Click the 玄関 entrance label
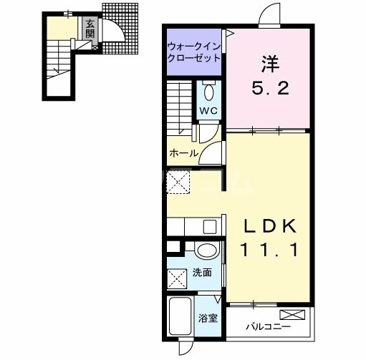[90, 29]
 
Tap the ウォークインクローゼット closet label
[194, 52]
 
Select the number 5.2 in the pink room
[271, 87]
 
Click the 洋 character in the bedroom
[271, 64]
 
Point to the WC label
[208, 110]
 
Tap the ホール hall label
[184, 153]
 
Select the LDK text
[270, 225]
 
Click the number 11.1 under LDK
[270, 250]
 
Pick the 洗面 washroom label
[202, 273]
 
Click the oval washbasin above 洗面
[207, 250]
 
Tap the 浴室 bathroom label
[208, 318]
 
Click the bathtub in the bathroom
[180, 316]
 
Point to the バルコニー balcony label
[269, 326]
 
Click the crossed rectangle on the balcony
[292, 315]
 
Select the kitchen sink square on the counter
[210, 227]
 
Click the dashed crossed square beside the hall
[178, 182]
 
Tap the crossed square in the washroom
[177, 278]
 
